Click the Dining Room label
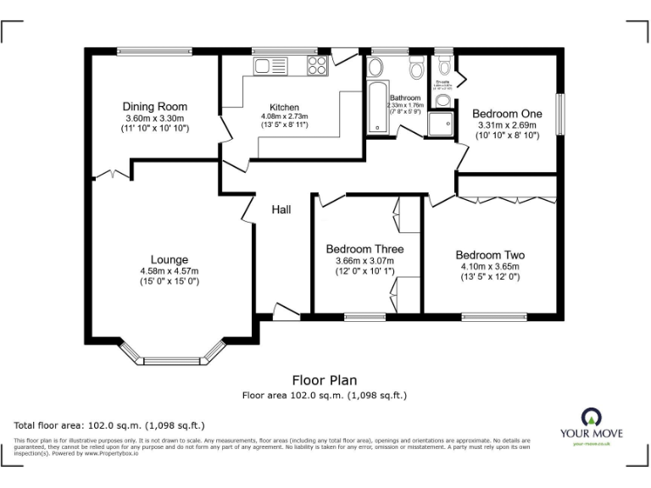pyautogui.click(x=153, y=107)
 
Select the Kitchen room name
pyautogui.click(x=284, y=107)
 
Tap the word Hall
pyautogui.click(x=281, y=208)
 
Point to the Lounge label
pyautogui.click(x=169, y=259)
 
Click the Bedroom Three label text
pyautogui.click(x=364, y=249)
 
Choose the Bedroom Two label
pyautogui.click(x=489, y=255)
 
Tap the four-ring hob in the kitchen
pyautogui.click(x=318, y=65)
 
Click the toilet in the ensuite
pyautogui.click(x=443, y=101)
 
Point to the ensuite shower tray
pyautogui.click(x=440, y=125)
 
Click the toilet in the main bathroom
pyautogui.click(x=416, y=68)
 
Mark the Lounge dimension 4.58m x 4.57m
pyautogui.click(x=169, y=271)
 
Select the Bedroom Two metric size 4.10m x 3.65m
pyautogui.click(x=489, y=266)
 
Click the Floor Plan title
pyautogui.click(x=325, y=380)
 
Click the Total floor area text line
pyautogui.click(x=109, y=425)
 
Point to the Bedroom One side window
pyautogui.click(x=559, y=112)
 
